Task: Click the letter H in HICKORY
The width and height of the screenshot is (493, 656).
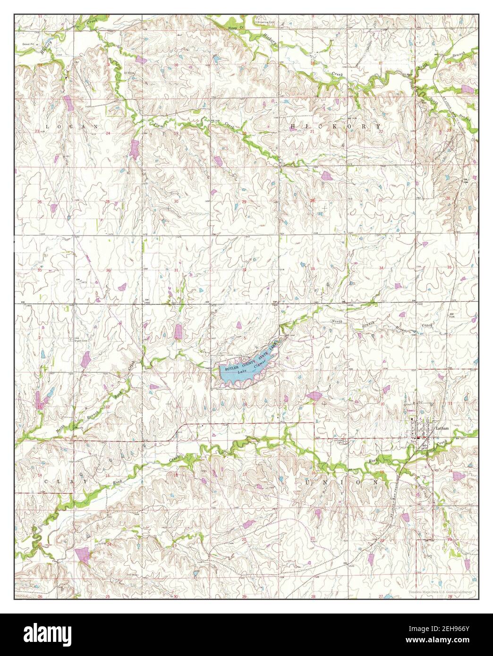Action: click(x=294, y=126)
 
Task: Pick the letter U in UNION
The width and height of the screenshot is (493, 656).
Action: click(x=308, y=482)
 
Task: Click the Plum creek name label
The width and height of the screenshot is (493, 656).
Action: click(x=157, y=124)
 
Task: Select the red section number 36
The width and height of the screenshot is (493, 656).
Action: click(x=108, y=270)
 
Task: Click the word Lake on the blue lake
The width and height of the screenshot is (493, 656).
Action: click(x=243, y=372)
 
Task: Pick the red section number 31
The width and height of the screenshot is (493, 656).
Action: click(x=176, y=270)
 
